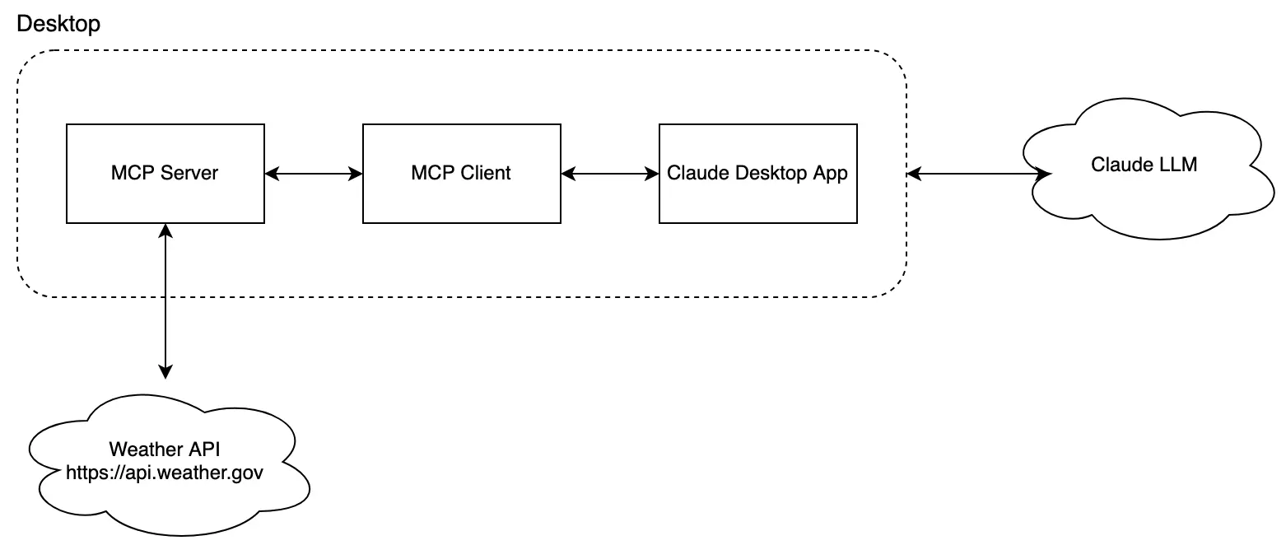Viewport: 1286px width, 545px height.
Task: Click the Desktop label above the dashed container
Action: [58, 24]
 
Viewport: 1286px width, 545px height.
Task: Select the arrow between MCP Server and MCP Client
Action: [314, 174]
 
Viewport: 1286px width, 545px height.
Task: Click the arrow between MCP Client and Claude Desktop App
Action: [610, 174]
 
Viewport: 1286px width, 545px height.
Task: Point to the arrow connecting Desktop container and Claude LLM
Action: [978, 174]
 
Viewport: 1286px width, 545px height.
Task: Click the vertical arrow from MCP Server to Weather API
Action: [165, 300]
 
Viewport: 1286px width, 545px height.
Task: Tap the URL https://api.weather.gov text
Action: [165, 473]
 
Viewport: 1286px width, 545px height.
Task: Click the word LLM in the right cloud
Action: [1178, 165]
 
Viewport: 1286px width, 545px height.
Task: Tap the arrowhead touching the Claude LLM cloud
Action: [1044, 174]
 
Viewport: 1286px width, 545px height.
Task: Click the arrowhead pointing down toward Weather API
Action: [165, 371]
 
